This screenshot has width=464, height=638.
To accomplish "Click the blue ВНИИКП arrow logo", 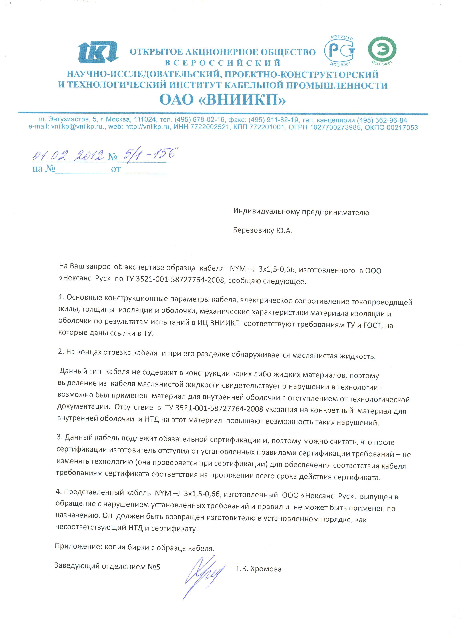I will pos(98,53).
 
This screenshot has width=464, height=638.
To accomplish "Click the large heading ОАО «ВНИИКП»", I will pos(222,100).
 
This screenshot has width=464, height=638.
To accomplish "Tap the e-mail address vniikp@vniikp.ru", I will pos(77,127).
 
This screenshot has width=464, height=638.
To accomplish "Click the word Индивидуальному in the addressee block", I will pos(266,212).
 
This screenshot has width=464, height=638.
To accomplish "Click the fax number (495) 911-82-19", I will pos(273,120).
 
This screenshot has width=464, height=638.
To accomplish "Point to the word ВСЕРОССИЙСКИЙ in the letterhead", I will pos(222,63).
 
